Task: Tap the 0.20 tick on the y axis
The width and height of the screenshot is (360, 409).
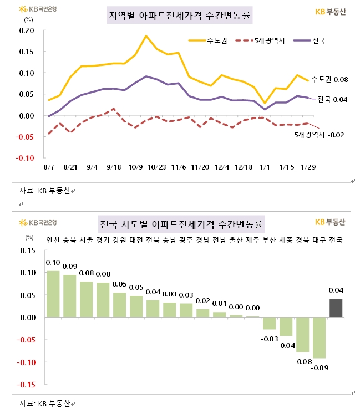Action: [27, 30]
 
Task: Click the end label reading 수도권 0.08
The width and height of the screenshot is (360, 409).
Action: [329, 80]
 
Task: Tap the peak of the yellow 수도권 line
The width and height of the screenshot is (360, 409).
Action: [146, 36]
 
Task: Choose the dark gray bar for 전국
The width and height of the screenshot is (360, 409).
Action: [336, 308]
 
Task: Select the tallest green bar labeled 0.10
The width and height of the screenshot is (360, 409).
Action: [53, 294]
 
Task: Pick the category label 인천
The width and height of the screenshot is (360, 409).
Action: [53, 240]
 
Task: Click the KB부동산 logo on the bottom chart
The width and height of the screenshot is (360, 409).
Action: [329, 222]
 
